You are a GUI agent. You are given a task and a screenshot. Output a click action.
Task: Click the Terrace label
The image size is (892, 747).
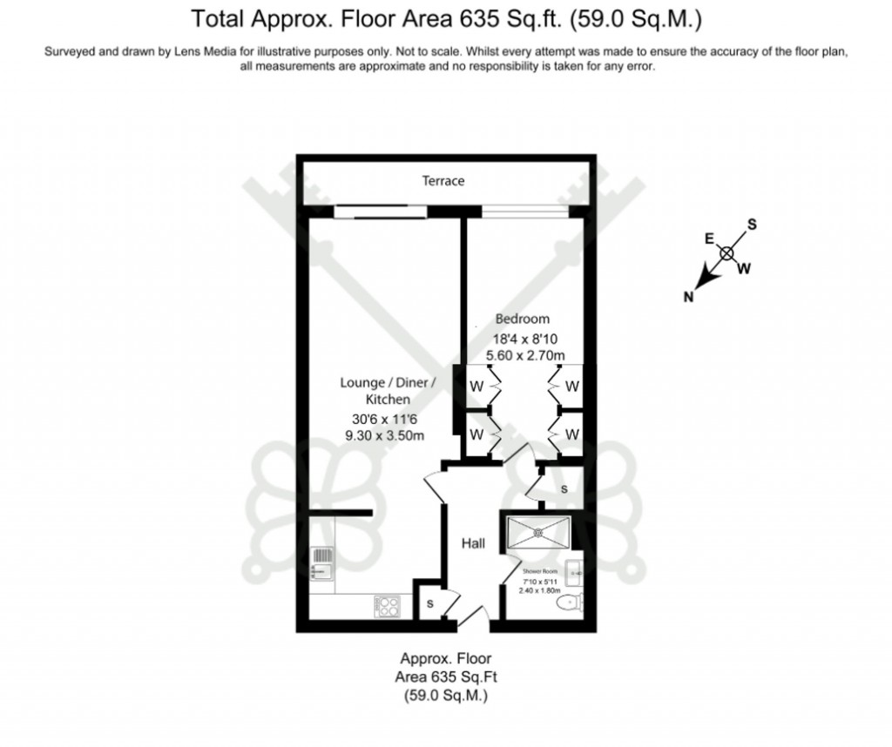coord(443,181)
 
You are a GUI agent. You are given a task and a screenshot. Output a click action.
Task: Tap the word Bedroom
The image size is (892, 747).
coord(523,319)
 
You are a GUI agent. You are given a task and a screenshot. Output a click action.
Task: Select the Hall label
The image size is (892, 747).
coord(473,543)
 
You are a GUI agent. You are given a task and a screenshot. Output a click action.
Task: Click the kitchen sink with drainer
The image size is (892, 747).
coord(322,562)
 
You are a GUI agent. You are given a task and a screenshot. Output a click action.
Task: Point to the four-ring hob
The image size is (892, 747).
coord(387,605)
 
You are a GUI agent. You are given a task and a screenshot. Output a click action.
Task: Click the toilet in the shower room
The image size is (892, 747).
coord(571,602)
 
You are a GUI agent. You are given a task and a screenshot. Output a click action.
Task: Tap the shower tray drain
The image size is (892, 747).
coord(537,530)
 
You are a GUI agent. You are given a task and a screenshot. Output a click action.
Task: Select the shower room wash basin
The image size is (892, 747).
coord(575,573)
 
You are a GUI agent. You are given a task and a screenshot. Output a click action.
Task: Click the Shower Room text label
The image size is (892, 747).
coord(538,572)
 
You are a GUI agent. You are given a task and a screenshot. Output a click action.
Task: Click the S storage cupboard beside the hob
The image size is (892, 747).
coord(429,603)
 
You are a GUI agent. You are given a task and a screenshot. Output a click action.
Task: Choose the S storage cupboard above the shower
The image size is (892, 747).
coord(564,489)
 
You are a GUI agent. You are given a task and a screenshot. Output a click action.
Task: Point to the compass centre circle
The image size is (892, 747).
coord(727,253)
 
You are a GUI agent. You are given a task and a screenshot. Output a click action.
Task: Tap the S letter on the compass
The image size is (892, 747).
coord(752,225)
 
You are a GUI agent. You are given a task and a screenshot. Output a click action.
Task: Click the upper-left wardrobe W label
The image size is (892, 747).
coord(476,386)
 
